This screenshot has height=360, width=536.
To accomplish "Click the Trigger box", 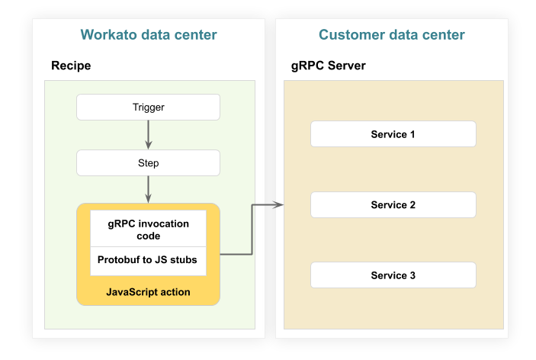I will (148, 107).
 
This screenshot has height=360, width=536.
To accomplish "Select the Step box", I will (148, 162).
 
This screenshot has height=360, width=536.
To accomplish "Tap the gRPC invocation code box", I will (148, 229).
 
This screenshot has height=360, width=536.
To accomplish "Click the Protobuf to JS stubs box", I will (148, 260).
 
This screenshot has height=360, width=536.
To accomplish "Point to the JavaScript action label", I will (148, 292).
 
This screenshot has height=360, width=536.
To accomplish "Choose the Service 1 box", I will (393, 134).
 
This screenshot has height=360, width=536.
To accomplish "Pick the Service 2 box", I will (393, 205).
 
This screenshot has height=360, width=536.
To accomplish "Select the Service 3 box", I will (393, 275).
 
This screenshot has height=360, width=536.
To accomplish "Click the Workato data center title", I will (149, 35).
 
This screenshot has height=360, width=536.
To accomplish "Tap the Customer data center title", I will (391, 35).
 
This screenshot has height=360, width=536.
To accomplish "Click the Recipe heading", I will (71, 66).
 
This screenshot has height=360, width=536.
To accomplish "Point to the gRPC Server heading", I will (329, 66).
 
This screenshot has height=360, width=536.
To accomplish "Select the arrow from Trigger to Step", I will (148, 134).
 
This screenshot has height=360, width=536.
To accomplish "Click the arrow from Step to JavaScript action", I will (148, 189).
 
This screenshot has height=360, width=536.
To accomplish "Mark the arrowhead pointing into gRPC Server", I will (278, 204).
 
